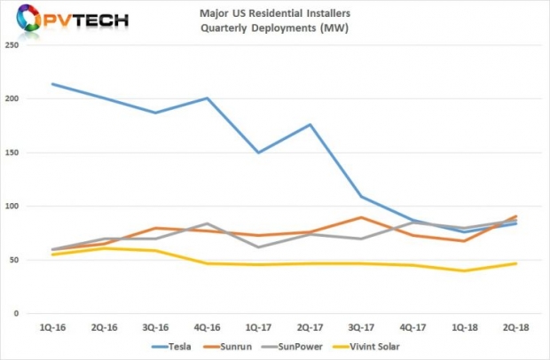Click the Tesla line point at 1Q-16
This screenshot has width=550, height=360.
[x=53, y=84]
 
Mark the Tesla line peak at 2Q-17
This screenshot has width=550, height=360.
[x=310, y=124]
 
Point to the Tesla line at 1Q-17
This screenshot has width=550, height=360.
[x=258, y=153]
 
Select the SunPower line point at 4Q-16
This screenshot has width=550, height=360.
[x=207, y=223]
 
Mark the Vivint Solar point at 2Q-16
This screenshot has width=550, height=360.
[x=105, y=248]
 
